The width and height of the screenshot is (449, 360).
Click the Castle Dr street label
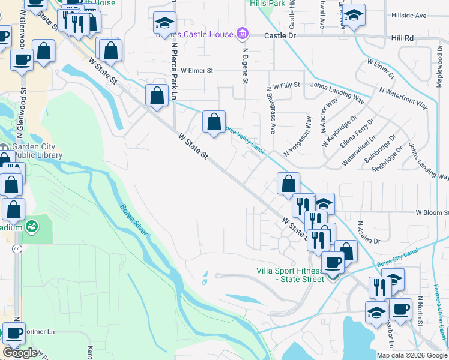280,36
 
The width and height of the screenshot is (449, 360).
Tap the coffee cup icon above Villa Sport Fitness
333,262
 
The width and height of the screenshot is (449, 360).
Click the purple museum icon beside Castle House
243,34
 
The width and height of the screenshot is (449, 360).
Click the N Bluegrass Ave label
270,110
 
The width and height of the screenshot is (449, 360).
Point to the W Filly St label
286,86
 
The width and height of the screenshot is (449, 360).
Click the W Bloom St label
432,212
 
